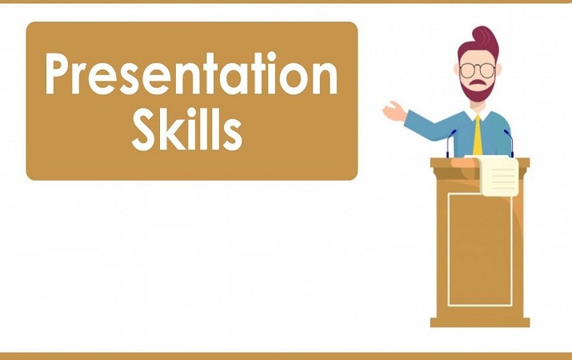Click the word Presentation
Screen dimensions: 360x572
point(190,77)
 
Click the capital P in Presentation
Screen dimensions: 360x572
point(61,77)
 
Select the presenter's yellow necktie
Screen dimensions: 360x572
point(478,136)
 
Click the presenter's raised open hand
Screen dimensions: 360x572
point(393,111)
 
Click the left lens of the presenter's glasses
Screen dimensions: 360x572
point(469,70)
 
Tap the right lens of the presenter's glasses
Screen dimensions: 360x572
point(490,70)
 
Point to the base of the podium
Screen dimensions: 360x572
point(479,322)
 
